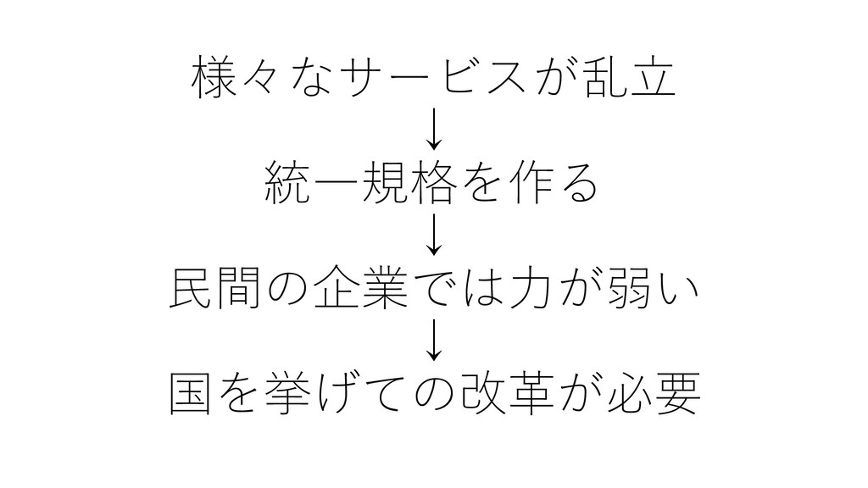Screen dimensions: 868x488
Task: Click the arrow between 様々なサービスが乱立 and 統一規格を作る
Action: (434, 128)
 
